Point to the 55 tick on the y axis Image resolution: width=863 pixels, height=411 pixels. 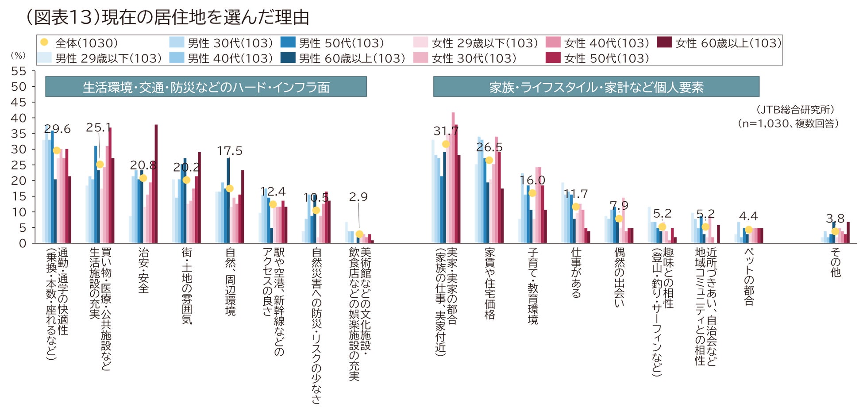(19, 71)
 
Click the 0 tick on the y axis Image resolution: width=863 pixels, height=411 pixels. (23, 243)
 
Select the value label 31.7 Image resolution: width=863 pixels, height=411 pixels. (446, 131)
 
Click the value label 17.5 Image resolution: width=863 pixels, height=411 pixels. (230, 151)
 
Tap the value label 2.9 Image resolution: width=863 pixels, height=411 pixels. (358, 197)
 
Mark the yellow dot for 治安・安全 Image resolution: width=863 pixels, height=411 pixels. (143, 178)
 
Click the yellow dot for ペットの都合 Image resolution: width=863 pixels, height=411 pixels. (748, 230)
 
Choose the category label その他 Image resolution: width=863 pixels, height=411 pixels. (835, 262)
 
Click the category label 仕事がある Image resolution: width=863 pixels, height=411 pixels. (576, 273)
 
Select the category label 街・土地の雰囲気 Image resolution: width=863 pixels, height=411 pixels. (187, 286)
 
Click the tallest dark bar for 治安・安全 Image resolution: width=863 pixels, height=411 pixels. (156, 184)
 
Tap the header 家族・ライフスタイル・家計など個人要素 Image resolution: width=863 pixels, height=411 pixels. (596, 87)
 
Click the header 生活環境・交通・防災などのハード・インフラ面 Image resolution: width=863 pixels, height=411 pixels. (206, 87)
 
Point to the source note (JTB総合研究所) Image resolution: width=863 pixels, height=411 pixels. (795, 109)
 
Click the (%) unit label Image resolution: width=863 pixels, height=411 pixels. (18, 56)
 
